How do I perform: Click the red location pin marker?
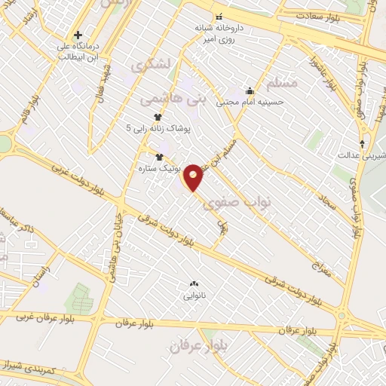point(194,177)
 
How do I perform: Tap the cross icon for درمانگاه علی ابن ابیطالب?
point(78,35)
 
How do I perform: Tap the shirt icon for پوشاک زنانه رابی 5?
point(158,117)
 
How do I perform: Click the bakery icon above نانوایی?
point(193,283)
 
